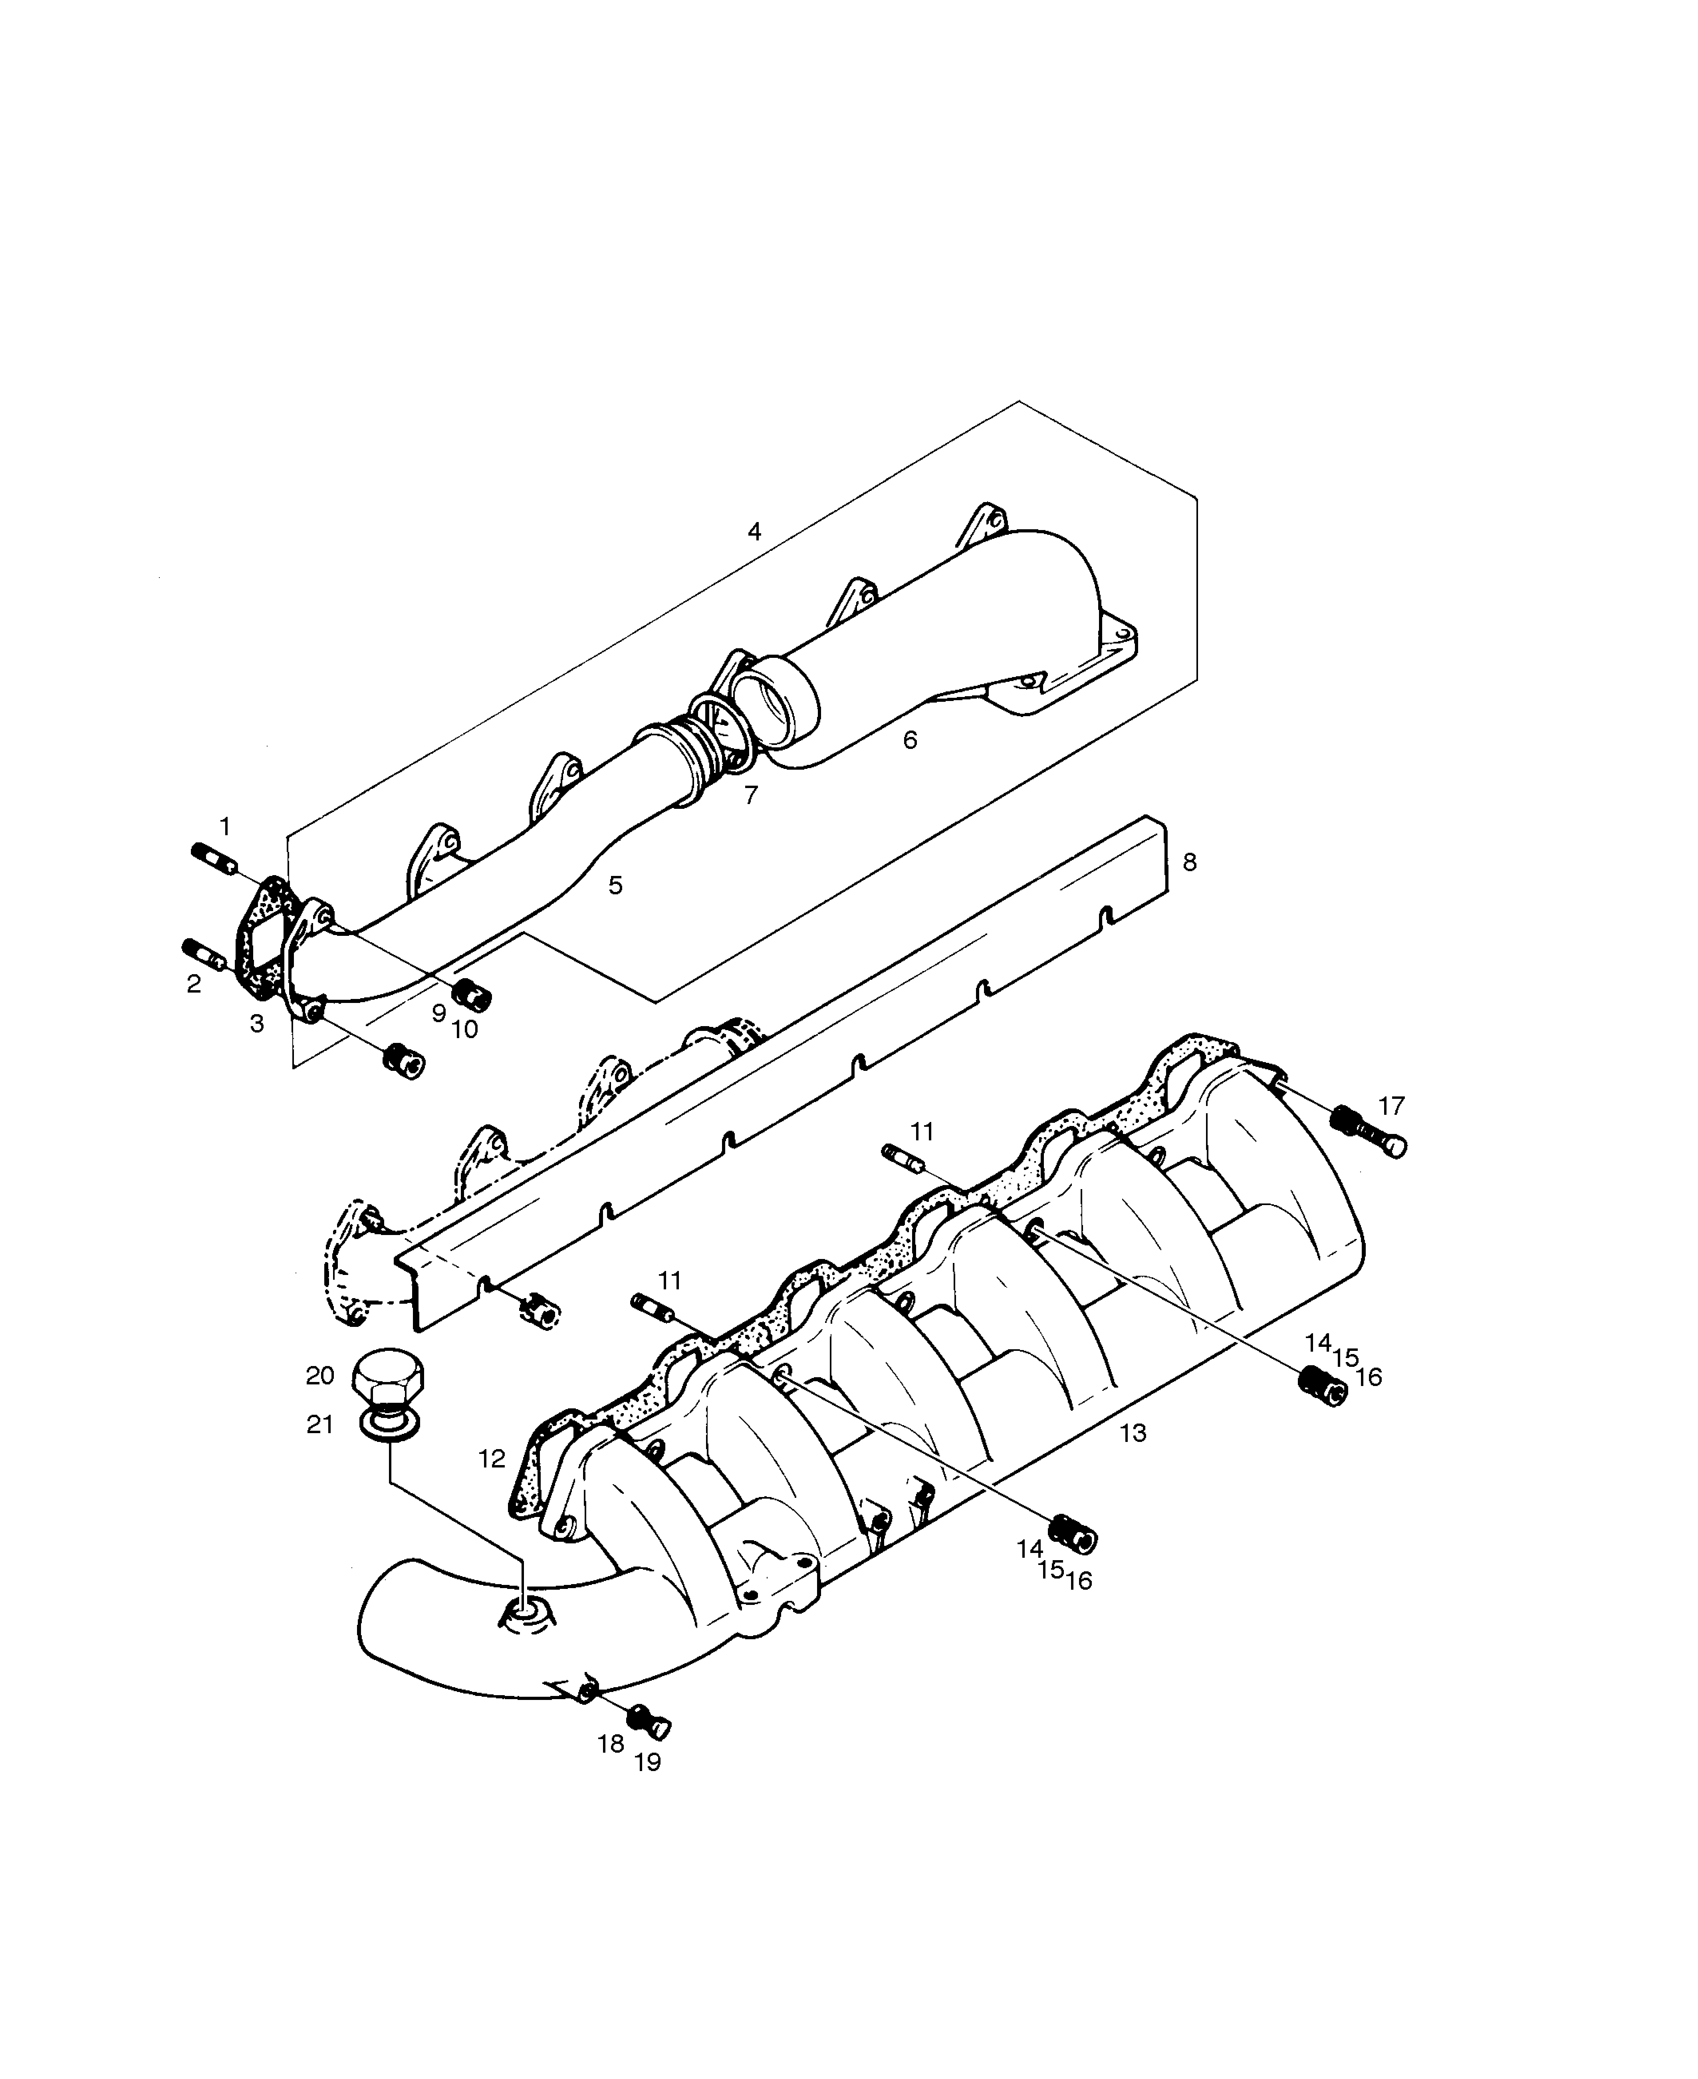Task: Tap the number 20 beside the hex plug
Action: click(320, 1376)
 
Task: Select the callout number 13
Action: click(1133, 1433)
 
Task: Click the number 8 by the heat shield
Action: click(1189, 862)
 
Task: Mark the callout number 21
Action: click(320, 1426)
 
